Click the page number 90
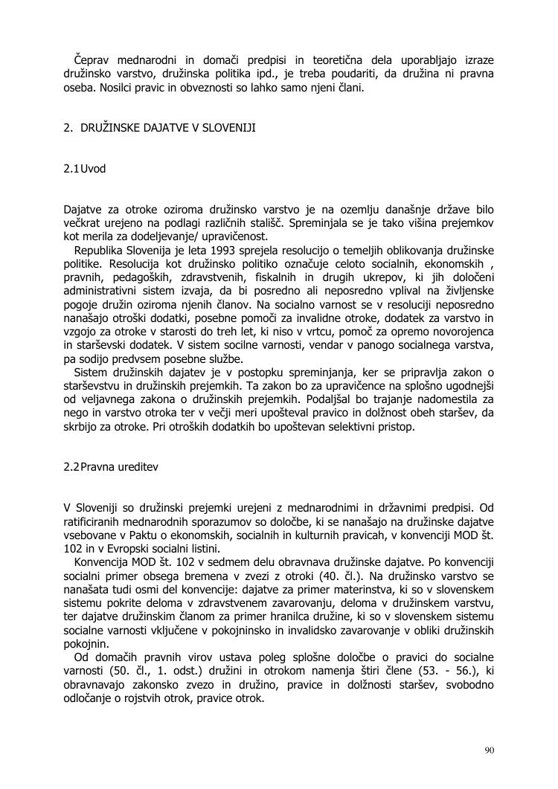point(489,750)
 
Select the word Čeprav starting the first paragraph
point(91,59)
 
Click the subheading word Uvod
point(93,169)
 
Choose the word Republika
point(101,250)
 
